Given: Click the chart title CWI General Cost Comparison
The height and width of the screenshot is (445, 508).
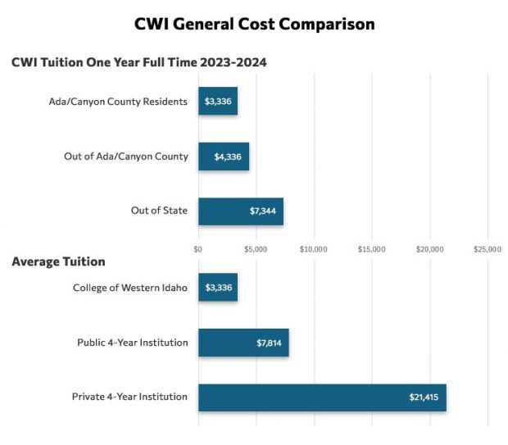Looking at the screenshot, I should coord(254,24).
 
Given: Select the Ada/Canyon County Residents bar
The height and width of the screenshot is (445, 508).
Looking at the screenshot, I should coord(218,101).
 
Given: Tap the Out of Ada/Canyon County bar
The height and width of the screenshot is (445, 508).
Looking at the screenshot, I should coord(224,156).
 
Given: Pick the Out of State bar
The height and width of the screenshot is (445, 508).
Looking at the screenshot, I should coord(241,211).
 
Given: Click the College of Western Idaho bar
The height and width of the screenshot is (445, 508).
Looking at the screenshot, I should coord(218,288).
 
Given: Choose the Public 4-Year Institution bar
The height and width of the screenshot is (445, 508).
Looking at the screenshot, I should coord(243,343).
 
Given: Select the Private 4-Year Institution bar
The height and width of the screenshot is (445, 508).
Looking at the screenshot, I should coord(322,397).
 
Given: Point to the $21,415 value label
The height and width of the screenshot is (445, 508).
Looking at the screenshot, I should coord(424,397).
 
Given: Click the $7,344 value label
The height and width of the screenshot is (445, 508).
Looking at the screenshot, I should coord(264,211).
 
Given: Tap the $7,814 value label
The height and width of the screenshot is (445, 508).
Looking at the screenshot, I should coord(269,343).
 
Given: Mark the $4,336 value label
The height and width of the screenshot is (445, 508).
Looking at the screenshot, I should coord(228,156).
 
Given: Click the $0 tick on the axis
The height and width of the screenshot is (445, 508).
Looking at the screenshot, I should coord(198,248).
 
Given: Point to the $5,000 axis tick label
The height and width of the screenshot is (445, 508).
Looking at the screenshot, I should coord(256,248).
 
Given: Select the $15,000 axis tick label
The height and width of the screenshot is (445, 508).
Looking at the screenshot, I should coord(372,248).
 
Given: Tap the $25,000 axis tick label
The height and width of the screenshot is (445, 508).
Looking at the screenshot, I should coord(488,248).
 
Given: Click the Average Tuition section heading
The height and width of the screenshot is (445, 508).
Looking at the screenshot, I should coord(58,261).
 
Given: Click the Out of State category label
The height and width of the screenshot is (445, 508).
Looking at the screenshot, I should coord(159,211).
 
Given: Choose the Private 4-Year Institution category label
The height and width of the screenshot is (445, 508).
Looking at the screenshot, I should coord(129,397).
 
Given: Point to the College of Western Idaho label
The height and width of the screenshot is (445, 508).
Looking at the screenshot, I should coord(130,288).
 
